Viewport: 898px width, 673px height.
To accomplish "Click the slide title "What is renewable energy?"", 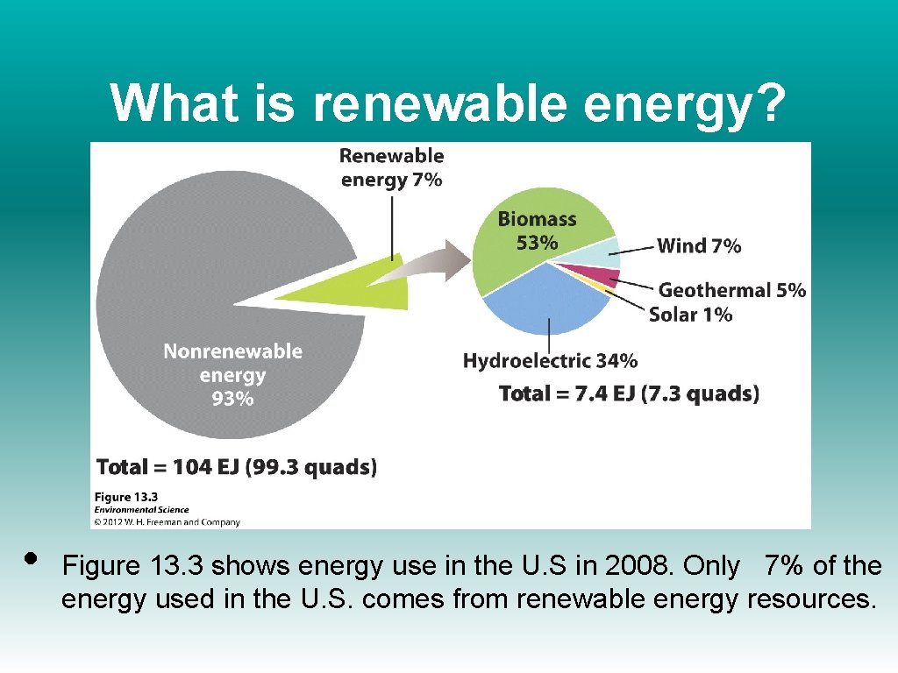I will tap(448, 103).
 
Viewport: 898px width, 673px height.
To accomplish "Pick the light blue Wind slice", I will tap(607, 251).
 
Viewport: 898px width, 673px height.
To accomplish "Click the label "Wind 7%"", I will tap(699, 246).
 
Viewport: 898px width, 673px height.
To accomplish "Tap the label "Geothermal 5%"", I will tap(731, 290).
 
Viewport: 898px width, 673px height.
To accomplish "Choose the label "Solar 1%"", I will tap(690, 314).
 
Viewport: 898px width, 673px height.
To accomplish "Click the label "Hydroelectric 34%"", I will tap(550, 360).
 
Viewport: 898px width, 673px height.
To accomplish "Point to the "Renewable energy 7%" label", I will tap(391, 167).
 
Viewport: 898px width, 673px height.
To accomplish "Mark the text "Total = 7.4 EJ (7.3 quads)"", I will tap(629, 393).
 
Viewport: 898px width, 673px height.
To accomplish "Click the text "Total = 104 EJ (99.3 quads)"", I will tap(237, 466).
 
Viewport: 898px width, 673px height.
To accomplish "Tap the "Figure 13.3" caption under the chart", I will tap(125, 497).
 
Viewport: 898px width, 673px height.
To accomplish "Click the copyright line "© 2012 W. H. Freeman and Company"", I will tap(167, 522).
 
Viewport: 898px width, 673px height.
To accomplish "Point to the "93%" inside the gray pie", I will tap(232, 399).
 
